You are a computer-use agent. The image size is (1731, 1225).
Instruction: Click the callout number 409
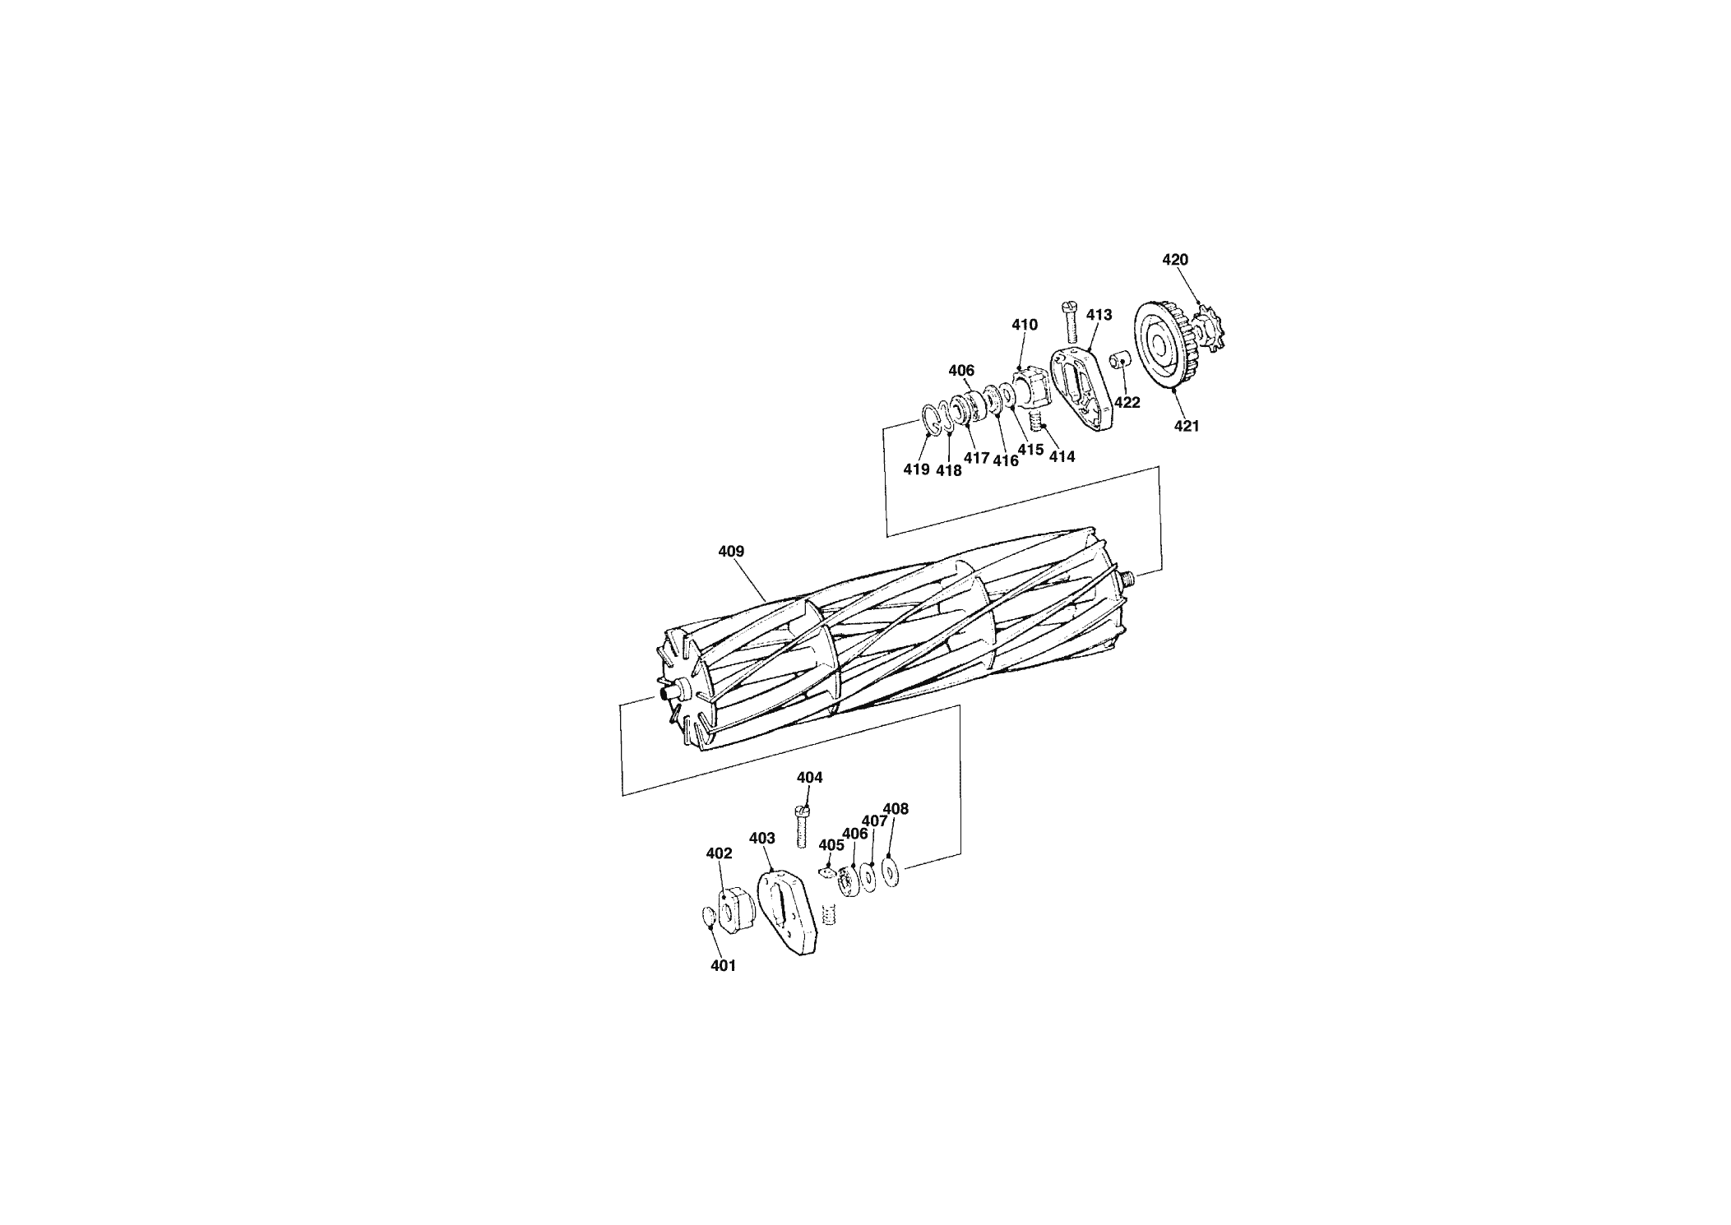click(x=731, y=552)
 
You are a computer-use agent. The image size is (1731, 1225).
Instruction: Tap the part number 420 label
click(x=1175, y=260)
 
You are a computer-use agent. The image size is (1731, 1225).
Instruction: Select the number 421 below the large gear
click(x=1186, y=426)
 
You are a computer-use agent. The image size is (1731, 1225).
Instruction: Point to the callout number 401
click(x=723, y=966)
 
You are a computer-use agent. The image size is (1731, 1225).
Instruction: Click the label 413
click(x=1099, y=315)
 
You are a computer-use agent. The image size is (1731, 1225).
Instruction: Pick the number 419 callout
click(x=916, y=469)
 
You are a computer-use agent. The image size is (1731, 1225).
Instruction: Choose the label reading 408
click(x=896, y=809)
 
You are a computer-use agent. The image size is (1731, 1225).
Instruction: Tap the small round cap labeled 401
click(x=707, y=915)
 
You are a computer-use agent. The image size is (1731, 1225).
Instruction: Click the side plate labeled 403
click(x=787, y=912)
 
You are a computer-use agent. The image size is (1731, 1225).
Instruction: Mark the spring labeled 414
click(x=1036, y=423)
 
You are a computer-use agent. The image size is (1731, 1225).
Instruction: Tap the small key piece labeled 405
click(x=828, y=871)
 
